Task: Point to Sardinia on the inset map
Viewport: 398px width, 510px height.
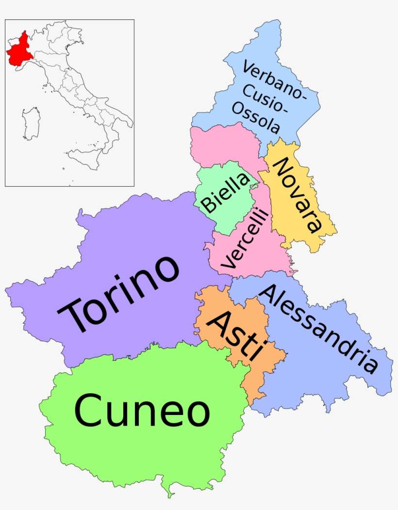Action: click(31, 124)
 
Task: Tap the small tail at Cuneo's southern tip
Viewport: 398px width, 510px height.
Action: click(169, 492)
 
